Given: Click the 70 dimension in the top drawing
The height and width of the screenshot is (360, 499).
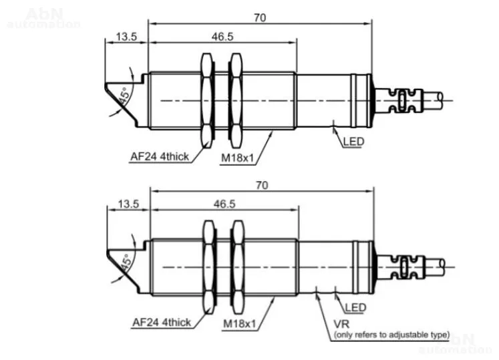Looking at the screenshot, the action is click(260, 18).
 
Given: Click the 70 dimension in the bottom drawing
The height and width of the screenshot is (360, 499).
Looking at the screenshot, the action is click(262, 185).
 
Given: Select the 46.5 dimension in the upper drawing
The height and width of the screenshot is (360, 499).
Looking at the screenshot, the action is click(222, 37).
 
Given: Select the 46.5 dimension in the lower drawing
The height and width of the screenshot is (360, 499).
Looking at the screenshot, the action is click(224, 204).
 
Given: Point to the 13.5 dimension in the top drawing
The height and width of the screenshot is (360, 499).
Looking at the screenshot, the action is click(126, 37).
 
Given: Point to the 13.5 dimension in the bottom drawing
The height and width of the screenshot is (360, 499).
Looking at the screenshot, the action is click(128, 204).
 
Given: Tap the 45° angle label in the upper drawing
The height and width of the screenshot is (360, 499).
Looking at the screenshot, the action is click(124, 96).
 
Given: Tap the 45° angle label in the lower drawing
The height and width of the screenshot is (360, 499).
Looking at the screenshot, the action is click(126, 262).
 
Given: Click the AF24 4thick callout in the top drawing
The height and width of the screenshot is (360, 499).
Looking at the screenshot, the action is click(160, 156).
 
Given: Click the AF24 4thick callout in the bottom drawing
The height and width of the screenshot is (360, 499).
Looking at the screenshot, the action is click(162, 323).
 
